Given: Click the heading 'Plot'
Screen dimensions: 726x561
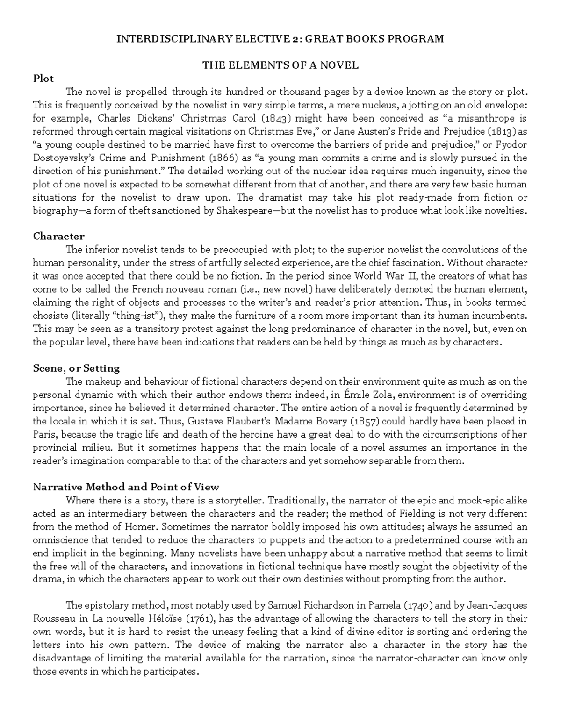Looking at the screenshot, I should (x=43, y=79).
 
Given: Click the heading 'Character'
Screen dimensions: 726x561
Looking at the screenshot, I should (x=58, y=236).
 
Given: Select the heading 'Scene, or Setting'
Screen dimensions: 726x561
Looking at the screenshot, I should (x=76, y=368).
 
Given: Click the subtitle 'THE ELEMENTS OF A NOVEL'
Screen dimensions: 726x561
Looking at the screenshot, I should (x=280, y=65).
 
